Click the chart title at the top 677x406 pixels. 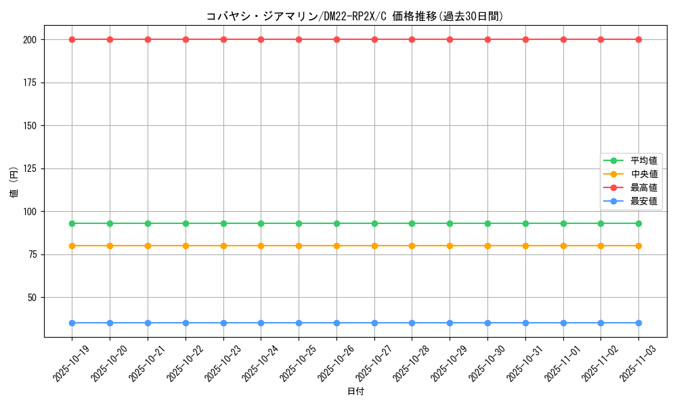355,16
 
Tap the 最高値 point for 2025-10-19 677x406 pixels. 72,39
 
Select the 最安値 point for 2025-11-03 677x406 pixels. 638,323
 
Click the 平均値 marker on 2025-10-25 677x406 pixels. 299,223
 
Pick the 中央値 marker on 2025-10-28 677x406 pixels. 412,246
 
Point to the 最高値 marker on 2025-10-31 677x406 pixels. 525,39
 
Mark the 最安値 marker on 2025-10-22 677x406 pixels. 185,323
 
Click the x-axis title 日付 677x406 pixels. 355,392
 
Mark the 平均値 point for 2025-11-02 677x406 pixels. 600,223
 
